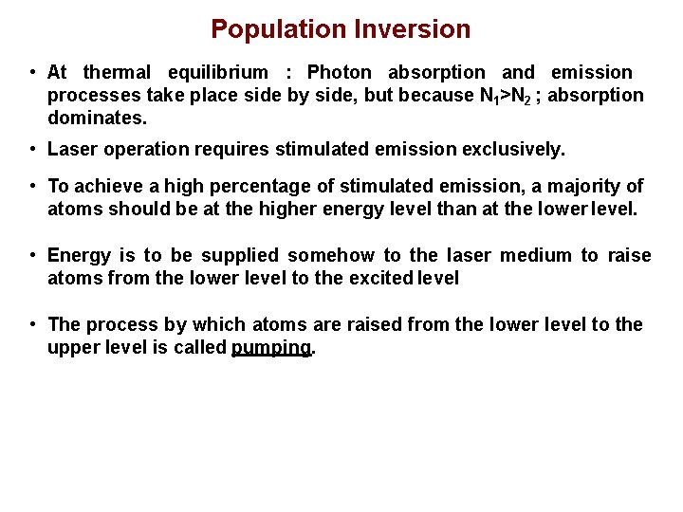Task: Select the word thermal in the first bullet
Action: pyautogui.click(x=117, y=72)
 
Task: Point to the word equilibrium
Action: pyautogui.click(x=218, y=72)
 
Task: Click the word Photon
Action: pyautogui.click(x=340, y=72)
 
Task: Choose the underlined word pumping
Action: pyautogui.click(x=271, y=348)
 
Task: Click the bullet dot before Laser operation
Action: pyautogui.click(x=32, y=149)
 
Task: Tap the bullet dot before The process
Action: pyautogui.click(x=32, y=324)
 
